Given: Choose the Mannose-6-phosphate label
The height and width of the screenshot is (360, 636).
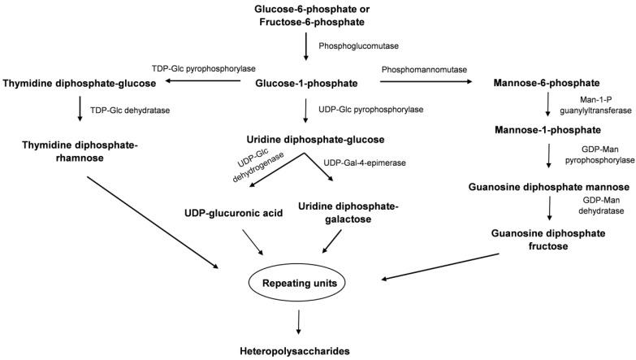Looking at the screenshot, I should pyautogui.click(x=546, y=84).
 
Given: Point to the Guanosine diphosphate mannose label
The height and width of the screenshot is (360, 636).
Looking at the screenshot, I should pyautogui.click(x=549, y=187).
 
